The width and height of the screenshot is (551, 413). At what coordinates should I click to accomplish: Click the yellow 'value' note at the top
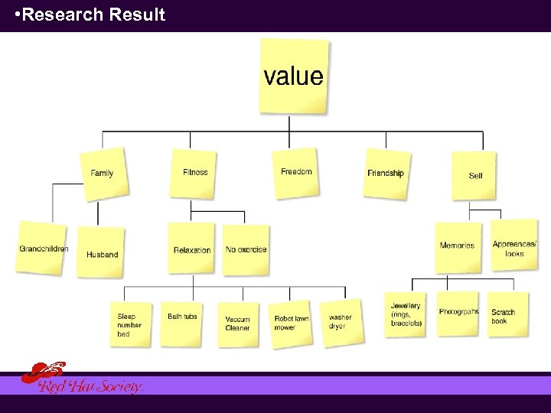click(x=294, y=76)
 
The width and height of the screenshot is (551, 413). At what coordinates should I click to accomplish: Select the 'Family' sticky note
click(x=103, y=174)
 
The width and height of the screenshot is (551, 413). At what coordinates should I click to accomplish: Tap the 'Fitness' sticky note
click(x=195, y=173)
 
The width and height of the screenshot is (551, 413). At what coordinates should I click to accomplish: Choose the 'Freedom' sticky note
click(x=296, y=172)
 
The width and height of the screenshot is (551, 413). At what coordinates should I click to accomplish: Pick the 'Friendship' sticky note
click(x=386, y=174)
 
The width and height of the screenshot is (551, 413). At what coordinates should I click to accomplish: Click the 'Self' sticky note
click(x=474, y=175)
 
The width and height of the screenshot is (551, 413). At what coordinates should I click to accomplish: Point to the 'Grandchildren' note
click(x=43, y=249)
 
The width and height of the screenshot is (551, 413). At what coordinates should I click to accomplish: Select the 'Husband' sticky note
click(x=102, y=253)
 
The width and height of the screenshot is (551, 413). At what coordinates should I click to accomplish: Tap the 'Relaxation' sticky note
click(x=192, y=249)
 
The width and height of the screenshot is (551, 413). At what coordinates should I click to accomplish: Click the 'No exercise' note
click(x=246, y=249)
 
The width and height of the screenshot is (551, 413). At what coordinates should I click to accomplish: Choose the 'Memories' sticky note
click(x=458, y=246)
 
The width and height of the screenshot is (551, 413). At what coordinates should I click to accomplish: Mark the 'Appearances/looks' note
click(x=514, y=248)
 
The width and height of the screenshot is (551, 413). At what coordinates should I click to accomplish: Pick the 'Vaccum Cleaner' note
click(x=238, y=324)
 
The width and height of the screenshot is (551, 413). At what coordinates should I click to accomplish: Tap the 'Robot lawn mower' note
click(x=292, y=324)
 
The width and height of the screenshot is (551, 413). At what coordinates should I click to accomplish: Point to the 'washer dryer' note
click(x=341, y=322)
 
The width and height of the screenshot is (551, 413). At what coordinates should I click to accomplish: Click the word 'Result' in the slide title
click(x=137, y=15)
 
